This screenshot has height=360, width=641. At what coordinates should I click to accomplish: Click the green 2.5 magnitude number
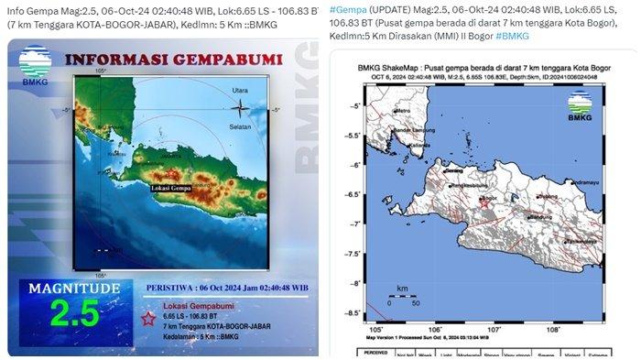click(x=75, y=312)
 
